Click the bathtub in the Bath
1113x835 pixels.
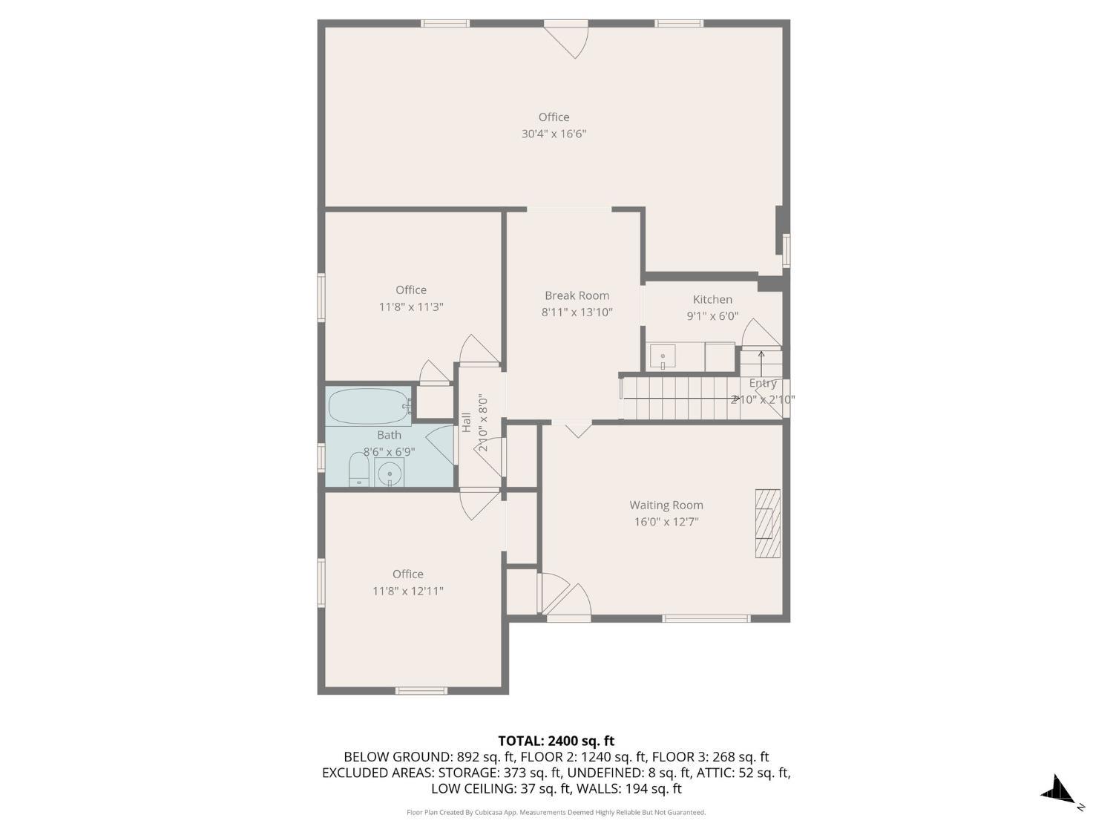370,406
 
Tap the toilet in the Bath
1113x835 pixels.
359,469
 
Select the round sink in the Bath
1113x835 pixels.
390,473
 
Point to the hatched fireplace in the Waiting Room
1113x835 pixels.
768,523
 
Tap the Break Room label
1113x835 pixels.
577,295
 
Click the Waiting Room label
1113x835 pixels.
666,505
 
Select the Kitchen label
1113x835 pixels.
712,299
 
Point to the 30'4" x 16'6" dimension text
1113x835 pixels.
554,134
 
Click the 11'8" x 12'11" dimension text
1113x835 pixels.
407,591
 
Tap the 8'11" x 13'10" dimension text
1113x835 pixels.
577,312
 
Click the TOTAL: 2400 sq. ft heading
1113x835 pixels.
556,741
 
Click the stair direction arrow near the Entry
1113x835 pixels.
761,362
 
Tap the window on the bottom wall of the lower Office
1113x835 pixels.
421,690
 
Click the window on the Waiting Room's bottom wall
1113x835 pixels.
706,618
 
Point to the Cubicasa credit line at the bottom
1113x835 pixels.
556,813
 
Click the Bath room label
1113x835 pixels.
389,435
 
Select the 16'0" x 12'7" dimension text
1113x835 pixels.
666,522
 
